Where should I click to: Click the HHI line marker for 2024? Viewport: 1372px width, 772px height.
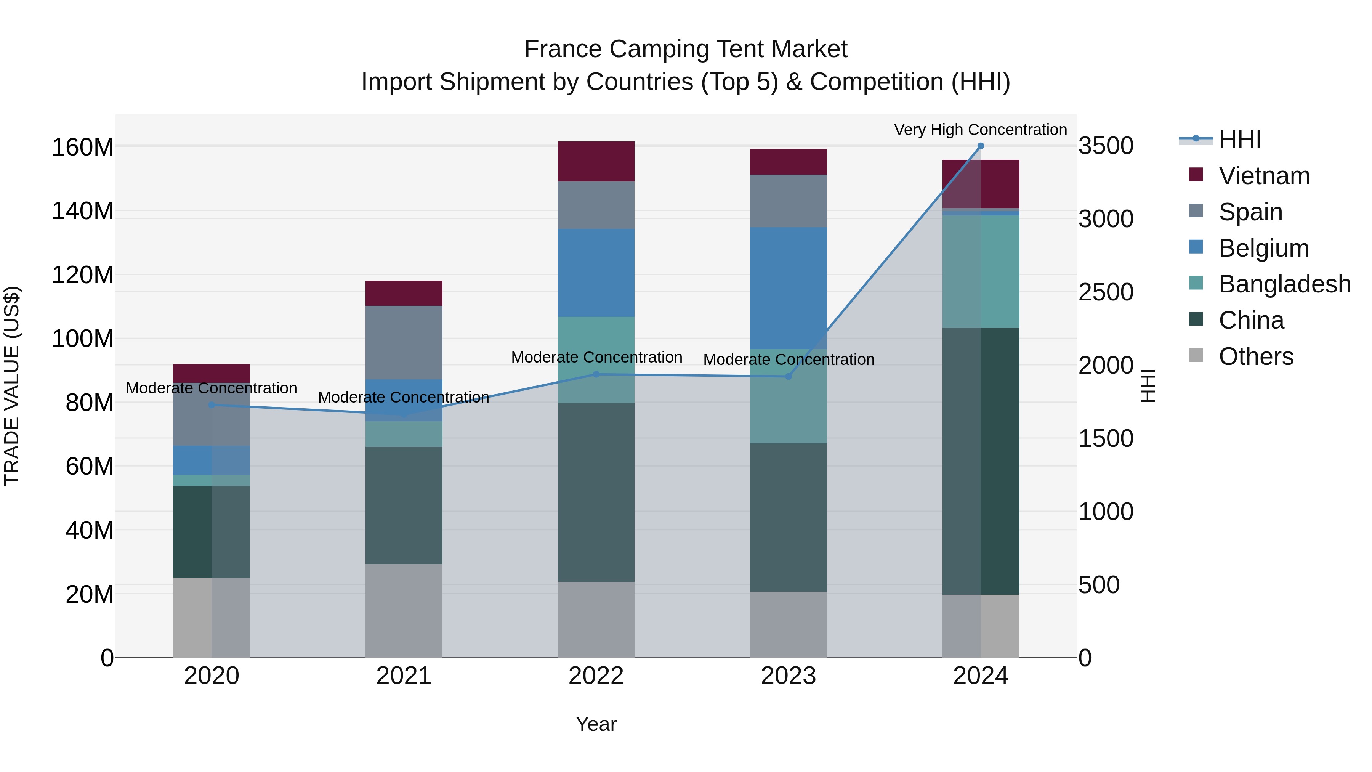point(981,146)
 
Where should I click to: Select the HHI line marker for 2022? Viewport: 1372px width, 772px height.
point(596,374)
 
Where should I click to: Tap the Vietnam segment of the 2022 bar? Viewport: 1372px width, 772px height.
point(596,161)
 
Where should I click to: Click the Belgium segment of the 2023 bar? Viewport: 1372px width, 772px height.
point(788,288)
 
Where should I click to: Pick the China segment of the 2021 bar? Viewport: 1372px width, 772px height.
point(404,505)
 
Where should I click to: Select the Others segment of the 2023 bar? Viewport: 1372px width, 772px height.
point(788,624)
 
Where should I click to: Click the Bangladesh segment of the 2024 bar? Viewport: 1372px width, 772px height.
point(981,272)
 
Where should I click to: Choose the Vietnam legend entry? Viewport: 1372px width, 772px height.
point(1263,176)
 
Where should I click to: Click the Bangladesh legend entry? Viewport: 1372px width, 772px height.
point(1284,284)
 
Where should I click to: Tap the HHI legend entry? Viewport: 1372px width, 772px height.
point(1239,140)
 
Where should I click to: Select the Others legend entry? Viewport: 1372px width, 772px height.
point(1255,356)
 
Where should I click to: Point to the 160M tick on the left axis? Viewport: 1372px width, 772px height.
point(83,148)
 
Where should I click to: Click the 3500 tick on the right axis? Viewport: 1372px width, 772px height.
point(1106,146)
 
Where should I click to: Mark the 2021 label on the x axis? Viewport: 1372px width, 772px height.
point(404,676)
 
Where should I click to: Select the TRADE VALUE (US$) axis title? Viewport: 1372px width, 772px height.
point(12,386)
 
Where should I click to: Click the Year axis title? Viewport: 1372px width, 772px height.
point(596,724)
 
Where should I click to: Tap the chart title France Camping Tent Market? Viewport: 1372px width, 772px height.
point(686,49)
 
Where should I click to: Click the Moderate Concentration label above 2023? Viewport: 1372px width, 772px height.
point(788,360)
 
